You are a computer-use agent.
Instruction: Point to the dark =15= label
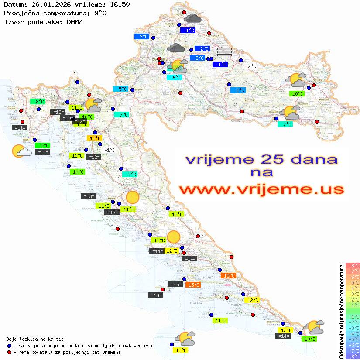tap(175, 285)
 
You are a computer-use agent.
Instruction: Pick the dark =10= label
tap(67, 118)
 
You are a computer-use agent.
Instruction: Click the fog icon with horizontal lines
tap(224, 52)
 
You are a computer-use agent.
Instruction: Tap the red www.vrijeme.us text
tap(261, 189)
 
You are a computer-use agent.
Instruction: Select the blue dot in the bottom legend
tap(10, 346)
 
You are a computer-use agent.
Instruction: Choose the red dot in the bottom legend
tap(10, 352)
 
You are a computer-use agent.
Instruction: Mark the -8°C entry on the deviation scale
tap(352, 357)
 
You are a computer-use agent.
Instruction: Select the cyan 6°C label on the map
tap(174, 78)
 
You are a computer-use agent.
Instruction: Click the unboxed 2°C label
tap(252, 66)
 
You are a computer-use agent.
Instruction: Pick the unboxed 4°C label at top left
tap(74, 75)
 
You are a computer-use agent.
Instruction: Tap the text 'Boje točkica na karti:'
tap(35, 339)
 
